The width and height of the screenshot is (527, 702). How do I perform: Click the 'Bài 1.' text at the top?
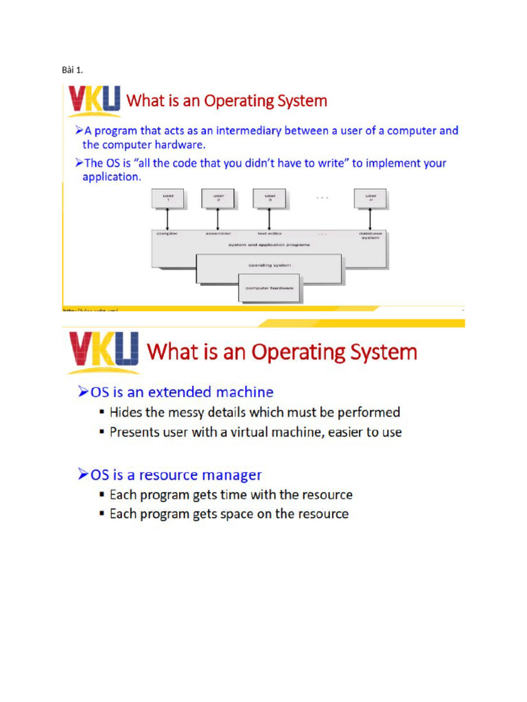(72, 70)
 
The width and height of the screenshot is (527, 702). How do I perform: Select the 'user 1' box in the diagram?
(168, 198)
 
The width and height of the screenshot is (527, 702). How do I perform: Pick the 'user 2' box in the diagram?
(218, 198)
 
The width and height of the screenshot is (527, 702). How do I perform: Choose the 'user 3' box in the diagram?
(269, 198)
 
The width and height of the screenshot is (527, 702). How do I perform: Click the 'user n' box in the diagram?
(371, 198)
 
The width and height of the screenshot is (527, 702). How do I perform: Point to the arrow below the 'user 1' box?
(168, 219)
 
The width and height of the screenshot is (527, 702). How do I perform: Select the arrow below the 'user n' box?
(371, 219)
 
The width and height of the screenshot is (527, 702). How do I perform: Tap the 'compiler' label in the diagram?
(167, 234)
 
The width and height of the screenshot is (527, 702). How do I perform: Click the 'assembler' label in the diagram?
(218, 234)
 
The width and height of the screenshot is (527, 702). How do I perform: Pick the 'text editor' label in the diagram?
(268, 234)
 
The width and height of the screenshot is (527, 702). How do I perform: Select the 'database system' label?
(371, 235)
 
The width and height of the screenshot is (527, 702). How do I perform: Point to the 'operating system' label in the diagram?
(270, 265)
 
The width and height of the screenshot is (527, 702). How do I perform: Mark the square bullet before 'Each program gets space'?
(102, 514)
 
